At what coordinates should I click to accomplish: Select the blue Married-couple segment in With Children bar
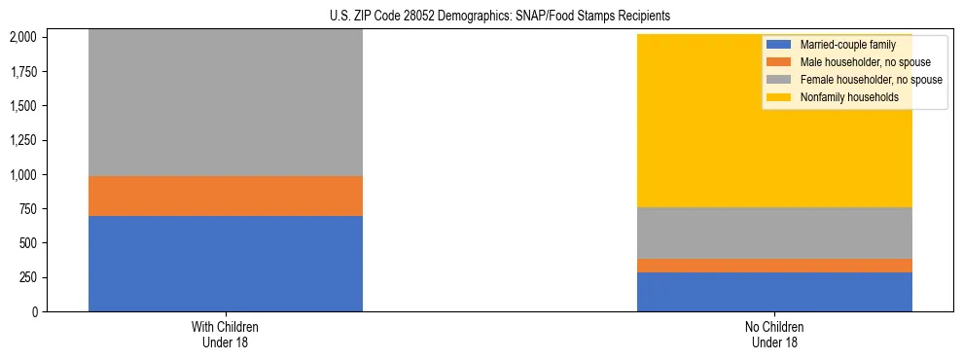click(225, 263)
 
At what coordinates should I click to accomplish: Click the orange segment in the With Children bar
click(225, 196)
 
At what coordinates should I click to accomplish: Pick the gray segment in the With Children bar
click(225, 102)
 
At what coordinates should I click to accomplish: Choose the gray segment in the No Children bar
click(774, 233)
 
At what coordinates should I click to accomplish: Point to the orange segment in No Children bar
click(774, 266)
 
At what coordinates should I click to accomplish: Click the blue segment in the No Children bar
click(774, 292)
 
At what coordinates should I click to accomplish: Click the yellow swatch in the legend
click(779, 97)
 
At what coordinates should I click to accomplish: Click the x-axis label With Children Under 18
click(225, 334)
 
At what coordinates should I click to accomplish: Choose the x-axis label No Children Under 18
click(774, 334)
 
